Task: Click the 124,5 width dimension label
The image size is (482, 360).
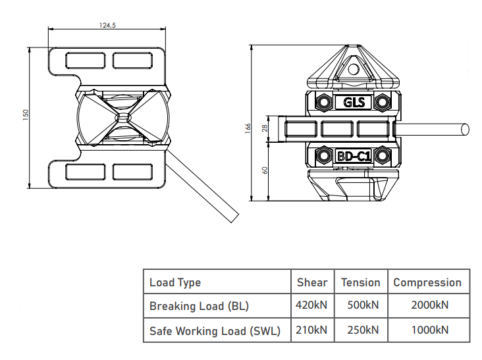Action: [107, 25]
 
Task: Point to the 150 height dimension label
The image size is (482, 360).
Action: [26, 115]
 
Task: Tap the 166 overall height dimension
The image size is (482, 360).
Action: [248, 128]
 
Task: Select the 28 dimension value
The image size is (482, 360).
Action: [265, 128]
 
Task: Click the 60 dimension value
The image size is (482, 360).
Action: [265, 170]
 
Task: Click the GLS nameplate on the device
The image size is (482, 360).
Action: [354, 102]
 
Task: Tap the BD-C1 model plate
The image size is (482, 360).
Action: [354, 157]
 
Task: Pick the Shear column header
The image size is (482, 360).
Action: [312, 282]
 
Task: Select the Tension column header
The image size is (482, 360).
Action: [361, 282]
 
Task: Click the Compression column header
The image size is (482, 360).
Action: [427, 282]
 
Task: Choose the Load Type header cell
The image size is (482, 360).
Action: [175, 282]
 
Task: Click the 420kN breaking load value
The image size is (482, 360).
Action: [311, 305]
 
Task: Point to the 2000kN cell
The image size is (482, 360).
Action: [430, 305]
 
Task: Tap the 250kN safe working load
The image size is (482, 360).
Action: [363, 330]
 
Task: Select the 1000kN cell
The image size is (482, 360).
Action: [430, 330]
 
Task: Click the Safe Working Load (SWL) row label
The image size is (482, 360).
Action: [215, 331]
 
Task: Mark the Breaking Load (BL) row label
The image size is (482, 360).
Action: [199, 306]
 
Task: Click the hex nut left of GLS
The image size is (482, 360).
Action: [323, 101]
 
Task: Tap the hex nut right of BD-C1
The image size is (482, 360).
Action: [383, 156]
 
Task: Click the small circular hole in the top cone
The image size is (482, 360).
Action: [354, 69]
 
